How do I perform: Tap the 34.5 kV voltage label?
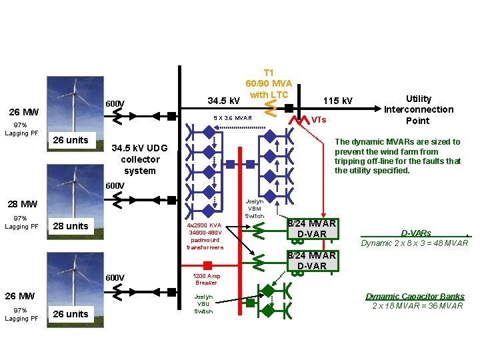[224, 101]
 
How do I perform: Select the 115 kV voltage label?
[338, 101]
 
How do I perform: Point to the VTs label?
[319, 120]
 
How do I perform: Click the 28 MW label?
[23, 203]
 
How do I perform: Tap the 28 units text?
[70, 226]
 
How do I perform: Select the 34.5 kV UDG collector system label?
[140, 159]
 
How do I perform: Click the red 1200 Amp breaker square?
[207, 265]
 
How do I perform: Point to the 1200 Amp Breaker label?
[206, 279]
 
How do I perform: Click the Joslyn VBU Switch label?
[203, 303]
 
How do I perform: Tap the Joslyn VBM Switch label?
[255, 208]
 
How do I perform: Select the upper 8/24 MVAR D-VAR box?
[311, 229]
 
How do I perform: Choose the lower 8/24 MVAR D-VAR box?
[311, 261]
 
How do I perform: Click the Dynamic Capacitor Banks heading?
[415, 296]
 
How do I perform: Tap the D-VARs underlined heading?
[415, 233]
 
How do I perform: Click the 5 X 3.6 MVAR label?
[233, 118]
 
